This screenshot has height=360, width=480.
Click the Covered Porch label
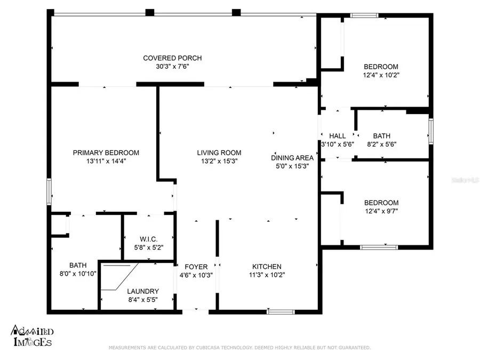[172, 58]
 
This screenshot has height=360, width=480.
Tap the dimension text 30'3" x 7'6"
[172, 67]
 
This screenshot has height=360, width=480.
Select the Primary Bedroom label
[106, 153]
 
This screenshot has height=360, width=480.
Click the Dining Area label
[292, 157]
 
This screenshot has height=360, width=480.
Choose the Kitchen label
[267, 267]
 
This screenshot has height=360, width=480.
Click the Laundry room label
[142, 291]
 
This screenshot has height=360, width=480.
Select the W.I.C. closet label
[147, 238]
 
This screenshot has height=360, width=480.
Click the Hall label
[337, 136]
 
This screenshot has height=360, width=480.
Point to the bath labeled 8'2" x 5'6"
[381, 136]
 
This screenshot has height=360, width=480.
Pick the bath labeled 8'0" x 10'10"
[77, 265]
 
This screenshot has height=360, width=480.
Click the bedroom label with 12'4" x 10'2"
[381, 67]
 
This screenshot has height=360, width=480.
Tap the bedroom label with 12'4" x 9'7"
[381, 203]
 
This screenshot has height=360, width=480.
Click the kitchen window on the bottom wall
[281, 311]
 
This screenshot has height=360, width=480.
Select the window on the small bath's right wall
[431, 132]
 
